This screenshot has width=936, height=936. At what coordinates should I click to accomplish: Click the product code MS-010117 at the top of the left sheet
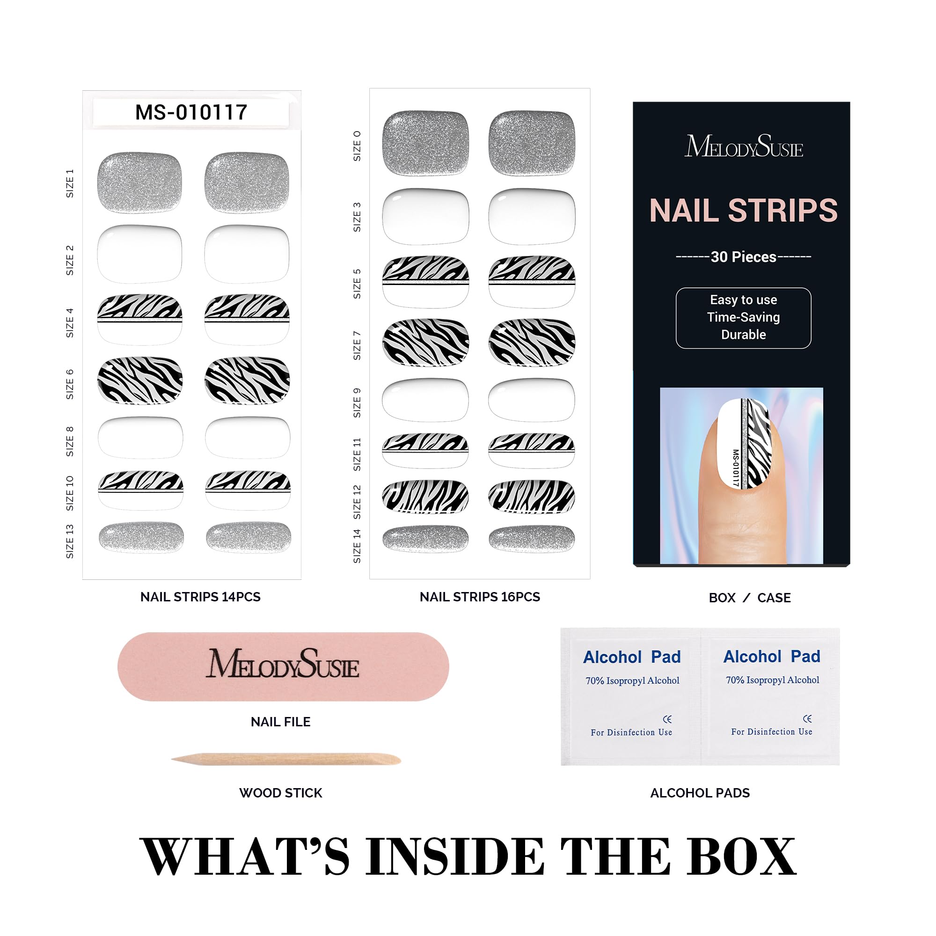pyautogui.click(x=191, y=112)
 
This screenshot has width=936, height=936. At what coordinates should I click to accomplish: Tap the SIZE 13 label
pyautogui.click(x=70, y=541)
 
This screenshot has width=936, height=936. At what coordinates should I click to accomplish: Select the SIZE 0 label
pyautogui.click(x=357, y=146)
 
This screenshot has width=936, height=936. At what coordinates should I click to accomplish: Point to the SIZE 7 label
pyautogui.click(x=357, y=345)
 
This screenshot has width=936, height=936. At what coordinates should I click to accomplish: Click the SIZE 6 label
pyautogui.click(x=70, y=384)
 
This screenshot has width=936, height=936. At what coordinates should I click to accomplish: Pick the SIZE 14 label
pyautogui.click(x=357, y=546)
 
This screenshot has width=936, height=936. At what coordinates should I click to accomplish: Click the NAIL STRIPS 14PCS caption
pyautogui.click(x=201, y=597)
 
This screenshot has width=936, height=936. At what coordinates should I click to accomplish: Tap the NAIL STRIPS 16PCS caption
pyautogui.click(x=480, y=597)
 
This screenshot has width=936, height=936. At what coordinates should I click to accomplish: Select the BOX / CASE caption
pyautogui.click(x=749, y=598)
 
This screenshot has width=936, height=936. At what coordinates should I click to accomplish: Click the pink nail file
pyautogui.click(x=284, y=666)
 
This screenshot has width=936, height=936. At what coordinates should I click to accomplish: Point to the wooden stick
pyautogui.click(x=286, y=759)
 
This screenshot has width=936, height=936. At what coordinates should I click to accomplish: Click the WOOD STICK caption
pyautogui.click(x=280, y=793)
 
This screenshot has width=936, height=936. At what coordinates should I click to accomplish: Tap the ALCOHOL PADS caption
pyautogui.click(x=700, y=793)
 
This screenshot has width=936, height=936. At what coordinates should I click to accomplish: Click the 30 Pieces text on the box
pyautogui.click(x=743, y=257)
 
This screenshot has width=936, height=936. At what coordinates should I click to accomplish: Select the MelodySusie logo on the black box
pyautogui.click(x=744, y=146)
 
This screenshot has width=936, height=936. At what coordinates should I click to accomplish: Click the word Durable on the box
pyautogui.click(x=743, y=334)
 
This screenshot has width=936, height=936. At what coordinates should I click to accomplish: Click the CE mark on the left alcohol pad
pyautogui.click(x=667, y=719)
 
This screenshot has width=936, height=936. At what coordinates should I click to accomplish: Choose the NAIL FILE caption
pyautogui.click(x=280, y=722)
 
